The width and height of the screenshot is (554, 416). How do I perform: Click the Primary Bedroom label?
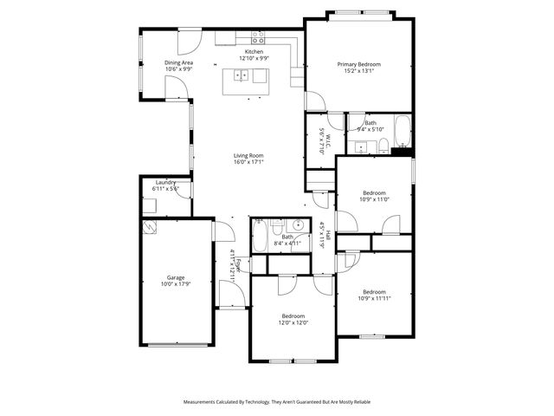(358, 64)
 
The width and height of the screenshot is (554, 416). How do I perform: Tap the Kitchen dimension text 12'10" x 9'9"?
(254, 58)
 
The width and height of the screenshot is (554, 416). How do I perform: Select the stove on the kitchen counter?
(258, 38)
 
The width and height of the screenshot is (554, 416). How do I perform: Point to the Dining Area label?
(179, 62)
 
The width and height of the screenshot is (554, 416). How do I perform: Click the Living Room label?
(248, 155)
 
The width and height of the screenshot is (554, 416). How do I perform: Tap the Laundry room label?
(166, 182)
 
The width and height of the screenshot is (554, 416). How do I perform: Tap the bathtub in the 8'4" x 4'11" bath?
(260, 237)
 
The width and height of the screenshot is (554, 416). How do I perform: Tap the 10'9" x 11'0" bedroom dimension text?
(374, 199)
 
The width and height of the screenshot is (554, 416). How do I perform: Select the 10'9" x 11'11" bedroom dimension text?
(374, 299)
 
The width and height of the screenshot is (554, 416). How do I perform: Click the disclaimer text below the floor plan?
(277, 401)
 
